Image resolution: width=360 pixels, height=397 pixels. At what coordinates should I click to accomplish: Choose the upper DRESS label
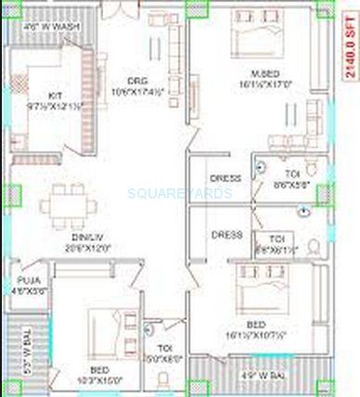[x=226, y=178]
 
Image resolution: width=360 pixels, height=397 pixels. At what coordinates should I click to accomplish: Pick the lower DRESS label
[x=226, y=235]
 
